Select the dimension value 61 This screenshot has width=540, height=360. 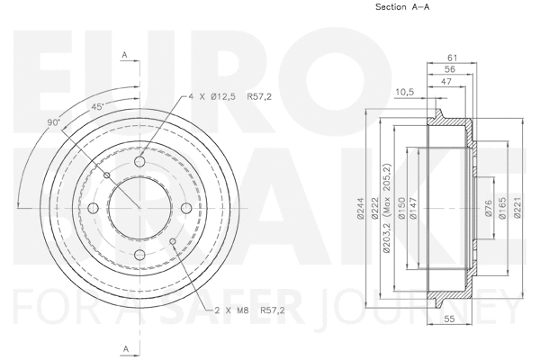[453, 57]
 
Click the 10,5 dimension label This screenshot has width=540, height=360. [404, 91]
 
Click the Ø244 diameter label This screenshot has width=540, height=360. [358, 209]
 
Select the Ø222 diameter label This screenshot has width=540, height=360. [372, 209]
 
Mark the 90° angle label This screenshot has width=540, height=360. [55, 121]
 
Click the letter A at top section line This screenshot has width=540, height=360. [124, 55]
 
